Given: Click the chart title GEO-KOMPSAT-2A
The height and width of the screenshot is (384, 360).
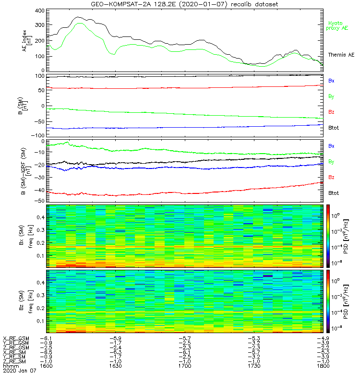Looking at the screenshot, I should pos(184,4).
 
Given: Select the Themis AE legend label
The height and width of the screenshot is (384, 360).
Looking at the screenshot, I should pos(338,55).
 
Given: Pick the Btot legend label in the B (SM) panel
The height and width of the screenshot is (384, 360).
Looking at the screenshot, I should pos(334,127).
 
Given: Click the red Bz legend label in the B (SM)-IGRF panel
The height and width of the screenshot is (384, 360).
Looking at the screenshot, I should pos(331,178).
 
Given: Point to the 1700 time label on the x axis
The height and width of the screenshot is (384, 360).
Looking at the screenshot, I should pos(185,366).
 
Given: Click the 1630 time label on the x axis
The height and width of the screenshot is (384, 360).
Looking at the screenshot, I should pos(116,366).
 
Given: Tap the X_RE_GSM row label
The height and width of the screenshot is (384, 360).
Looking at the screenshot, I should pos(16,338).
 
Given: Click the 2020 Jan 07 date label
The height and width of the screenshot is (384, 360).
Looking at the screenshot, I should pos(19,371).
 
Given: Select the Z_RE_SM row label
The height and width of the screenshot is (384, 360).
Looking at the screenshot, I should pos(16,361).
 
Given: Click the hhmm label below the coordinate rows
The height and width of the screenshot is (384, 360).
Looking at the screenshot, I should pos(10,366).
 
